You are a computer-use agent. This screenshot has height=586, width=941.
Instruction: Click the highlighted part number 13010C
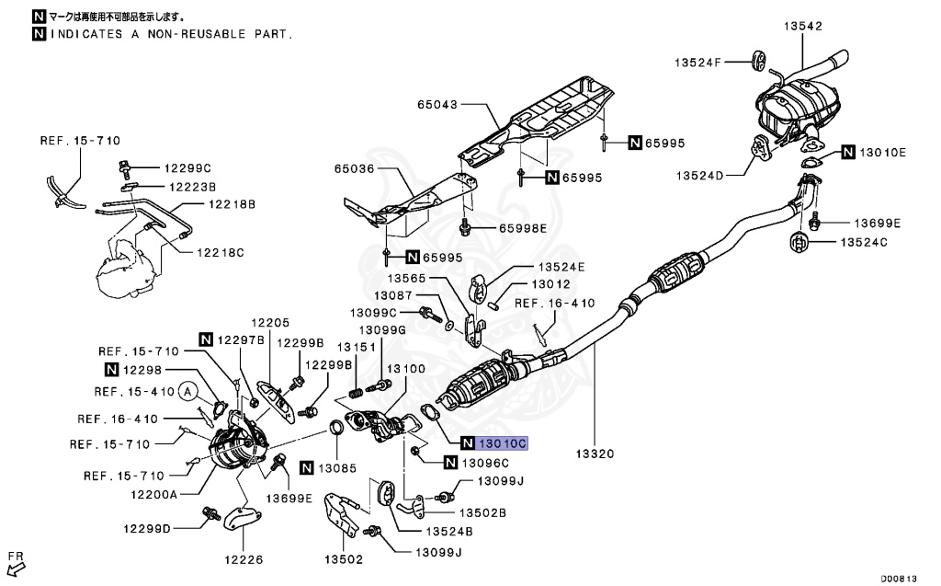(x=503, y=443)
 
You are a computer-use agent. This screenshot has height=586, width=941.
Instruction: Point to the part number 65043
(x=434, y=105)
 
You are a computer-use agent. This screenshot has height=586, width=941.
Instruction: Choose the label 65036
(x=355, y=169)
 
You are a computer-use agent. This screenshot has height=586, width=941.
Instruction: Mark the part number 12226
(x=244, y=558)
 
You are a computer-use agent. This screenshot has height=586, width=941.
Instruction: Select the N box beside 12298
(x=111, y=370)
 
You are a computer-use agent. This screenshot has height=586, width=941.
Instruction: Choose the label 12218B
(x=232, y=203)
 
